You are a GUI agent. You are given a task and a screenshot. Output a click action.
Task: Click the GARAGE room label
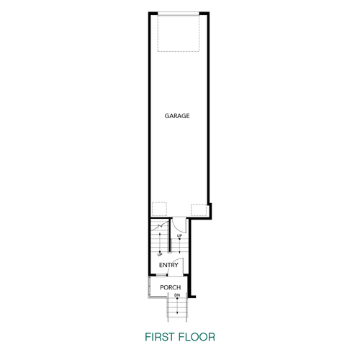point(176,115)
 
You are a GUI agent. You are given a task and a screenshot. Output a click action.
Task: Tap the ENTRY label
point(169,265)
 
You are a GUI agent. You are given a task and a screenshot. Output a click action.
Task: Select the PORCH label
point(171,288)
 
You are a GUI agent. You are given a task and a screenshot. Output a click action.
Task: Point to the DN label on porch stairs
point(176,296)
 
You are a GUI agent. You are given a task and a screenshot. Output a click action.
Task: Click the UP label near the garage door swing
point(179,235)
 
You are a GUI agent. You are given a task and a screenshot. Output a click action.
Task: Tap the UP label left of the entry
point(161,253)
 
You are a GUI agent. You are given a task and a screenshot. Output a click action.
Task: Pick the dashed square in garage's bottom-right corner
point(199,210)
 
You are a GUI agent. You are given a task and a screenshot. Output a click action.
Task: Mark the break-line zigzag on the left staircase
point(159,225)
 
